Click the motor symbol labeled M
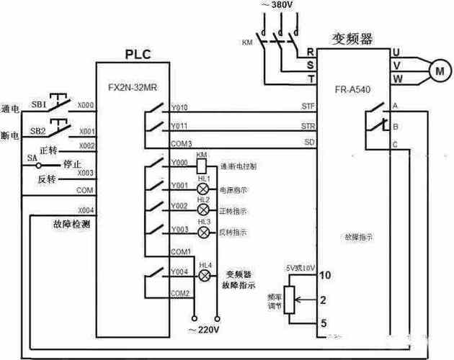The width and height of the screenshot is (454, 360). pyautogui.click(x=438, y=70)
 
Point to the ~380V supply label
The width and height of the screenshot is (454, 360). pyautogui.click(x=277, y=5)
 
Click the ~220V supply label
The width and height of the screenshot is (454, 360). pyautogui.click(x=205, y=329)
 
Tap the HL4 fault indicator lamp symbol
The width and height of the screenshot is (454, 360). pyautogui.click(x=205, y=276)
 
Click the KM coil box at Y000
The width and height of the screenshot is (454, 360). pyautogui.click(x=202, y=165)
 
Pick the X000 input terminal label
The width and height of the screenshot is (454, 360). pyautogui.click(x=86, y=105)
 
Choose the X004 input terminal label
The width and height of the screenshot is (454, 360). pyautogui.click(x=86, y=210)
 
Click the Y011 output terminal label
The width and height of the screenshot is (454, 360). pyautogui.click(x=179, y=127)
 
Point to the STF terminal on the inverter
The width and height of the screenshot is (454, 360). pyautogui.click(x=308, y=107)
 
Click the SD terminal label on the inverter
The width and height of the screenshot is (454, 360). pyautogui.click(x=309, y=143)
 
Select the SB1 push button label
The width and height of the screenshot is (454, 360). pyautogui.click(x=38, y=104)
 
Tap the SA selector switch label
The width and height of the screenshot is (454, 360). pyautogui.click(x=32, y=157)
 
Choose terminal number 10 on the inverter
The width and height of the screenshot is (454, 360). pyautogui.click(x=325, y=275)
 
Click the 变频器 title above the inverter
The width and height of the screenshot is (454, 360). pyautogui.click(x=352, y=40)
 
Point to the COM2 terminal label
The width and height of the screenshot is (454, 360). pyautogui.click(x=180, y=294)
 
